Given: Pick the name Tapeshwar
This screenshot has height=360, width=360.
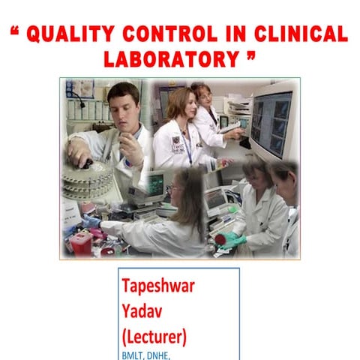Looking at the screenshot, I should click(x=160, y=286).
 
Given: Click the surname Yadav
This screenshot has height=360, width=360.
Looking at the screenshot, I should click(x=142, y=310).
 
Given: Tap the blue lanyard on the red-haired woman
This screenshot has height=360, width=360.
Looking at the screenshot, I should click(x=188, y=150).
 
